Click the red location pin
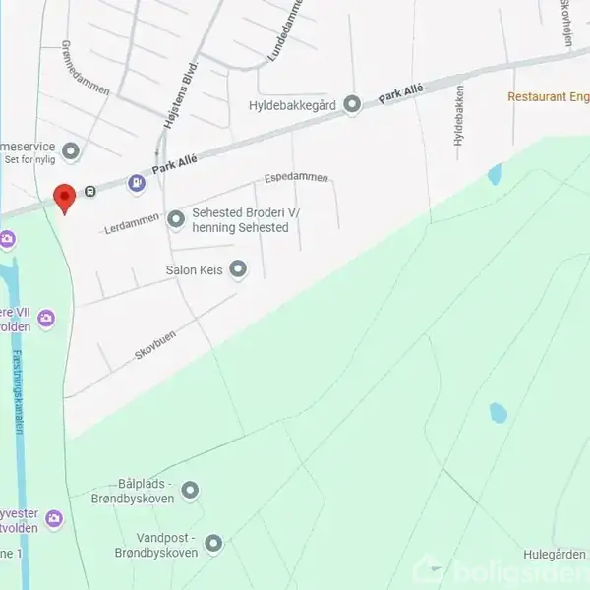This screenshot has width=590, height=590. (64, 197)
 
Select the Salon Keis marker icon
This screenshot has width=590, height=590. (238, 268)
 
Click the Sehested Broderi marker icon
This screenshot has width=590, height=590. (176, 220)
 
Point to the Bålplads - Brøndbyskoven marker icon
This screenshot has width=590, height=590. (191, 490)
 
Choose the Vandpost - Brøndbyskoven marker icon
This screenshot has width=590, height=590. (212, 542)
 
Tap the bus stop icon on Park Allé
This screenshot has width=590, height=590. (90, 191)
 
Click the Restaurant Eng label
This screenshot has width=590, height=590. (548, 96)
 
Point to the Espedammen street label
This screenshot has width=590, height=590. (296, 179)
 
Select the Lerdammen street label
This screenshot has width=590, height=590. (132, 224)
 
